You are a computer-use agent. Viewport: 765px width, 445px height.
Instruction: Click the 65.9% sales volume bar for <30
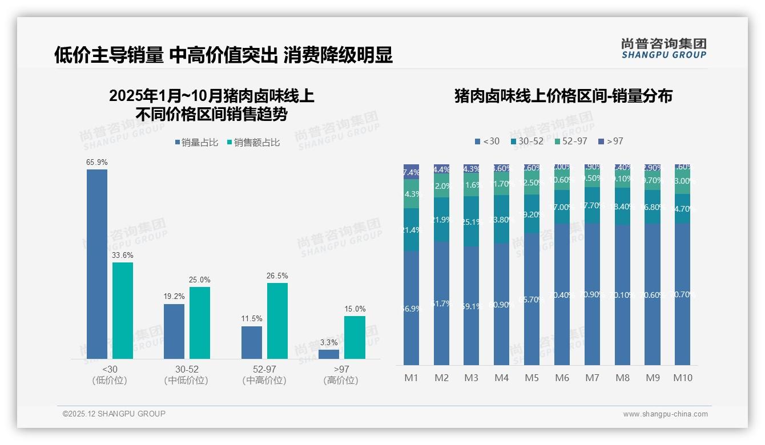click(97, 264)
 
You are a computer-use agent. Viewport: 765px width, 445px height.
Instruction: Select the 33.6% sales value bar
click(123, 310)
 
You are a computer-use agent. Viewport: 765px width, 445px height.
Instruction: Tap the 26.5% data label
click(277, 276)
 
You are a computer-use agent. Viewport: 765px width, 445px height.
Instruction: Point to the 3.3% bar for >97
click(329, 354)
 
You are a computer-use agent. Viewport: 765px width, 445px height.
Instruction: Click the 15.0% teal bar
click(355, 337)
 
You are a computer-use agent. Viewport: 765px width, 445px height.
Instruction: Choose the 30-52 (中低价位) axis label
click(186, 375)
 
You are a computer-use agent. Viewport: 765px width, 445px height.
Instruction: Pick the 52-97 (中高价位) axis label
click(264, 375)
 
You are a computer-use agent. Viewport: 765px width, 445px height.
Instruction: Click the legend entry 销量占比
click(196, 143)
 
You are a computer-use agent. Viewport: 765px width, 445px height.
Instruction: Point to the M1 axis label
click(411, 378)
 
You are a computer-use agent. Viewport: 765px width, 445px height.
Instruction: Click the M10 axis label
click(682, 378)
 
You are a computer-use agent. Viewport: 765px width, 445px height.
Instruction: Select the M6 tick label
click(562, 378)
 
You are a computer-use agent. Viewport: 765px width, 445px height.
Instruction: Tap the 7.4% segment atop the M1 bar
click(411, 172)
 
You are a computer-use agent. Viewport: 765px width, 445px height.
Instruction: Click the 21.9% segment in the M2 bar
click(441, 220)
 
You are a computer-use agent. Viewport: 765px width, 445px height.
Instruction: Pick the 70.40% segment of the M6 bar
click(562, 294)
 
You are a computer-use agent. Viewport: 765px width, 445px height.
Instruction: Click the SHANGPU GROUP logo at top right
click(663, 48)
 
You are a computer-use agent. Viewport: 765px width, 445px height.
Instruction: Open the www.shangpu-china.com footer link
click(665, 414)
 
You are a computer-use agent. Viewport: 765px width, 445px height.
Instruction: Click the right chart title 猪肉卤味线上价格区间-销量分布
click(563, 96)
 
